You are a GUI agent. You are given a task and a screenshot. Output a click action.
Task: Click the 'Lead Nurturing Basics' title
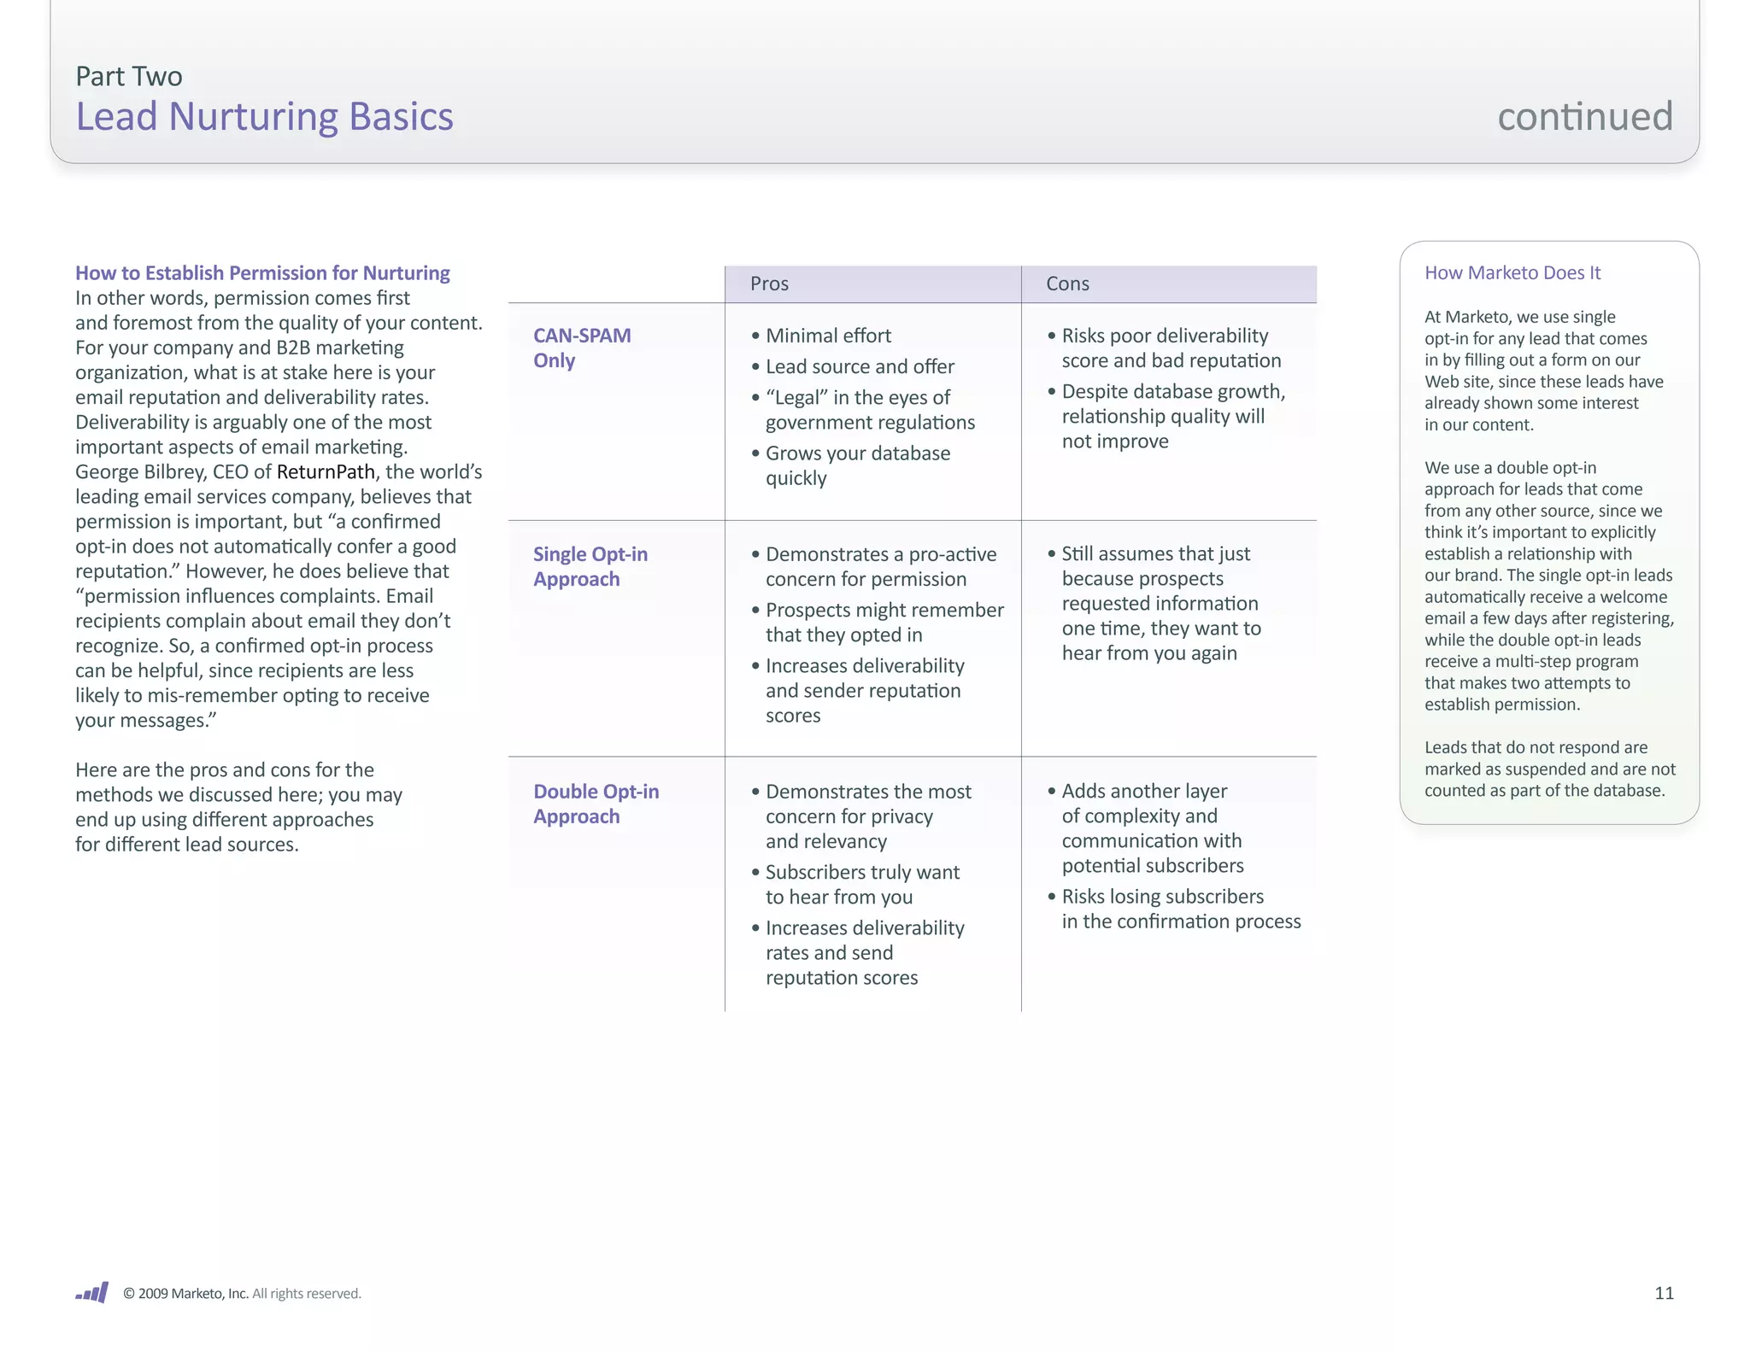click(264, 116)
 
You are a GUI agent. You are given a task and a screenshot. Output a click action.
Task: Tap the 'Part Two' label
click(128, 76)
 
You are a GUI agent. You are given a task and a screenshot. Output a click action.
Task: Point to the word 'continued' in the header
click(1585, 116)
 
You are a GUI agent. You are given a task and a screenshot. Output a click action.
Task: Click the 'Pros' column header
click(769, 284)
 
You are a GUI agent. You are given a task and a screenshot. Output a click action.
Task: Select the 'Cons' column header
click(1067, 284)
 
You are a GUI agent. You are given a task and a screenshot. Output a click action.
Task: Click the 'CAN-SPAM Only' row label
click(582, 348)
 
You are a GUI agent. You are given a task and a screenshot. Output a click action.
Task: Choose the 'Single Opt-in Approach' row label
click(590, 566)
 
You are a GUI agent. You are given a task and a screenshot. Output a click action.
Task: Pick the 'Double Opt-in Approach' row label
click(596, 804)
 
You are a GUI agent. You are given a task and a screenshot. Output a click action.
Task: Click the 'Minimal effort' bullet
click(828, 336)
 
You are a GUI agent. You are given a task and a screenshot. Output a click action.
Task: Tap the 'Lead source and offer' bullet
click(860, 366)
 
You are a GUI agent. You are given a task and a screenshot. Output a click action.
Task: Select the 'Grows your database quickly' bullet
click(857, 465)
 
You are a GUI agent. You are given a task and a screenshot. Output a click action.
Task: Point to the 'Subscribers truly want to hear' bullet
click(861, 884)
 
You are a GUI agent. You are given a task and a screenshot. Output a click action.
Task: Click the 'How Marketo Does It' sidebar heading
click(1512, 272)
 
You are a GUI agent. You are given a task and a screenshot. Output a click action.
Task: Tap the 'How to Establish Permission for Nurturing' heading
click(262, 272)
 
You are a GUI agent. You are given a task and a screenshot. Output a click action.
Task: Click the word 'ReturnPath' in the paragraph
click(326, 471)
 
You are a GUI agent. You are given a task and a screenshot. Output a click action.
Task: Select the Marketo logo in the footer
click(92, 1292)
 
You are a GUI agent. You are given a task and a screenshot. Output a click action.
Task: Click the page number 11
click(1664, 1293)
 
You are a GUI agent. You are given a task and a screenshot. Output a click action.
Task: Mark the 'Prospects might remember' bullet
click(884, 622)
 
